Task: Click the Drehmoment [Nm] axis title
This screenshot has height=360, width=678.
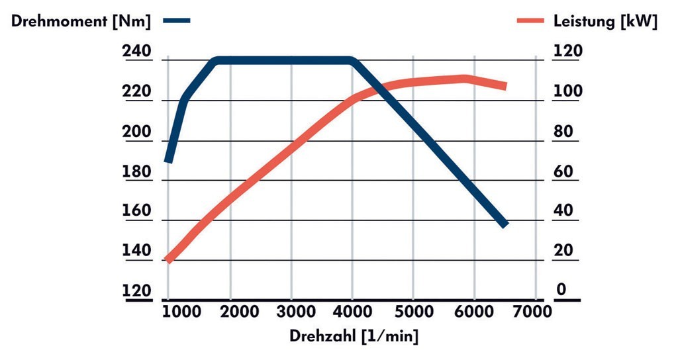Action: coord(81,21)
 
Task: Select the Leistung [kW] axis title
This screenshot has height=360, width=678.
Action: coord(605,21)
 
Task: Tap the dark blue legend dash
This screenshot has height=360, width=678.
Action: coord(178,21)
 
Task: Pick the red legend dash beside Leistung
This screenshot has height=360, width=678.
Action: coord(530,21)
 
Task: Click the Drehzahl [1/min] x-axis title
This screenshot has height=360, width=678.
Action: coord(354,336)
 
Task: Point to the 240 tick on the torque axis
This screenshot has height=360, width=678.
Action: coord(137,52)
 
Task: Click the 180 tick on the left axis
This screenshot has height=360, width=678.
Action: coord(137,171)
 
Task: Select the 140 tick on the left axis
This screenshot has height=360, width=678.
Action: coord(137,251)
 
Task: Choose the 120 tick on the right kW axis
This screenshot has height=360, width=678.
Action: coord(568,52)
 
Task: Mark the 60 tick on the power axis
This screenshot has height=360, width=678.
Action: coord(563,171)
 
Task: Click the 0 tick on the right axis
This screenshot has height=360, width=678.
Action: coord(561,290)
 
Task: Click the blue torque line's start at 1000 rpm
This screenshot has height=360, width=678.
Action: coord(169,159)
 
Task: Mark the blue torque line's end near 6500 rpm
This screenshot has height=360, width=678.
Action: coord(505,224)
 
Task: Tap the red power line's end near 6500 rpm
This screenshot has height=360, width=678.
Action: coord(505,86)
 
